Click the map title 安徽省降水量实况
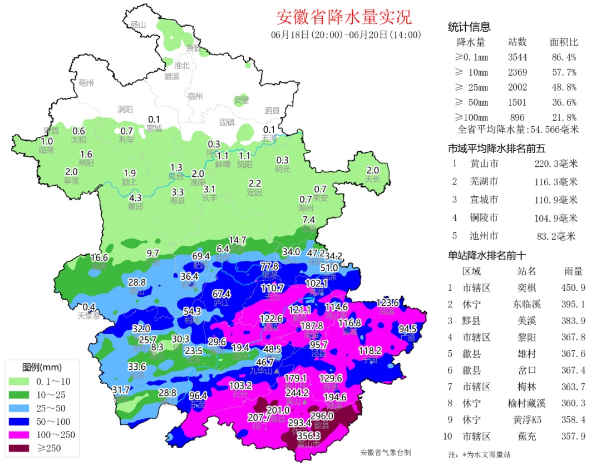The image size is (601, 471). tap(344, 17)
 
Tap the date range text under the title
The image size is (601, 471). tap(346, 34)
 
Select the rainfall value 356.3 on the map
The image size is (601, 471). tap(309, 436)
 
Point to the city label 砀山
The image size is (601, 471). tap(137, 24)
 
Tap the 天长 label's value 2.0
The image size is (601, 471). tap(372, 170)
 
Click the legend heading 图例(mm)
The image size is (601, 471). tap(42, 368)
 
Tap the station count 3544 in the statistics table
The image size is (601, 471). tap(517, 57)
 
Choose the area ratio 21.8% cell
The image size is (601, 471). tap(563, 117)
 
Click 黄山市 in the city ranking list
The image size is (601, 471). tap(484, 163)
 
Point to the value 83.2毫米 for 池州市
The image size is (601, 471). tap(556, 236)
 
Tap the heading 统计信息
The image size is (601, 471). tap(469, 27)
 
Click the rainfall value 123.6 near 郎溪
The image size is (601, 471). tap(387, 303)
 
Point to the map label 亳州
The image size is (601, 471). tap(86, 83)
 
